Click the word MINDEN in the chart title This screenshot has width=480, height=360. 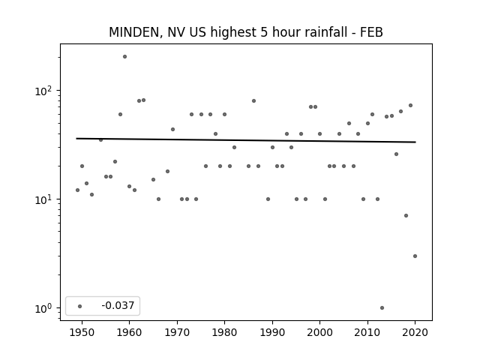click(133, 32)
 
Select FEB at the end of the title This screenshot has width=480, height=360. click(371, 32)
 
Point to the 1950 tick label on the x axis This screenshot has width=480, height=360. click(82, 332)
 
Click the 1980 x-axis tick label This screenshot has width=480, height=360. click(224, 332)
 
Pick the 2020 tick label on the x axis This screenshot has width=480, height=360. click(415, 332)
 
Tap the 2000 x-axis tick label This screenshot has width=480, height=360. click(319, 332)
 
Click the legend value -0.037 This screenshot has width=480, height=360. click(118, 305)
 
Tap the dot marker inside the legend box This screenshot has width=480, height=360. click(79, 306)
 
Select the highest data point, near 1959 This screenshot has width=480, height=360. click(124, 57)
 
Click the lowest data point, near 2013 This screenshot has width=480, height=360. click(382, 308)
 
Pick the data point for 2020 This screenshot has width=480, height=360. click(415, 256)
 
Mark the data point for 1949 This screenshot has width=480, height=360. click(77, 190)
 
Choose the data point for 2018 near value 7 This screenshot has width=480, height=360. click(406, 215)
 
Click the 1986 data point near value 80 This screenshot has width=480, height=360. click(253, 101)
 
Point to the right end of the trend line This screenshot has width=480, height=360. click(415, 142)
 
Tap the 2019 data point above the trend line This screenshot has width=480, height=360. click(410, 106)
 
